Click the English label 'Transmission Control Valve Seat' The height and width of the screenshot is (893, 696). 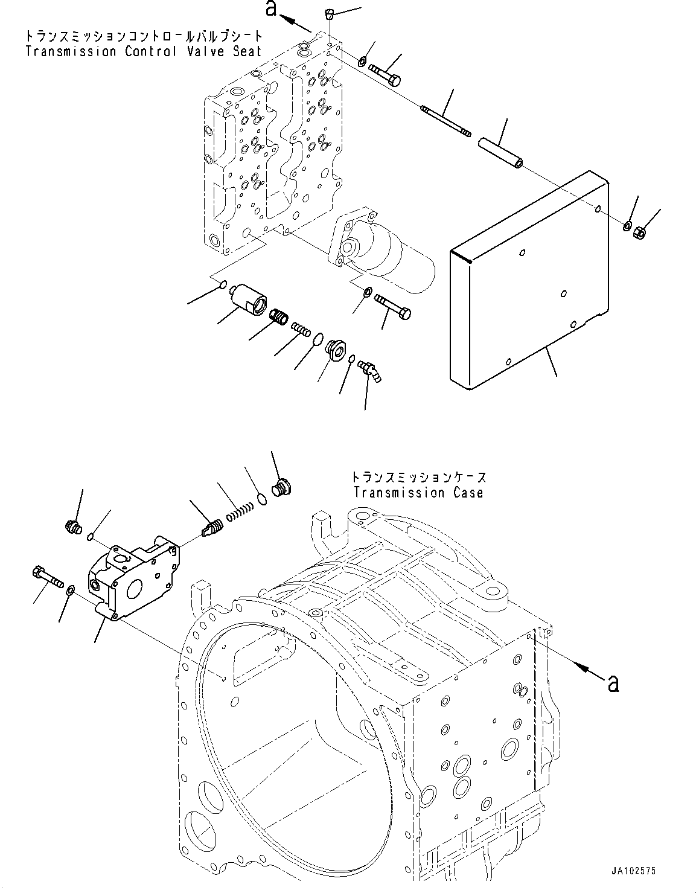(144, 51)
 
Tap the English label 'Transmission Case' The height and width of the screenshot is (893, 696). (418, 493)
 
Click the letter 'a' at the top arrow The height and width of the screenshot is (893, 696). (272, 10)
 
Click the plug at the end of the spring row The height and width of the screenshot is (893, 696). (281, 487)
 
